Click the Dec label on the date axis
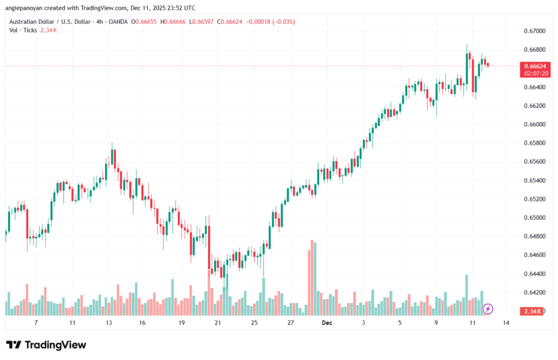tap(327, 322)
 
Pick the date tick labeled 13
tap(109, 322)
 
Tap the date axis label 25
tap(254, 322)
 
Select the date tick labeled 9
tap(436, 322)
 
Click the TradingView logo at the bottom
tap(46, 345)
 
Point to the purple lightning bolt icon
tap(488, 309)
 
